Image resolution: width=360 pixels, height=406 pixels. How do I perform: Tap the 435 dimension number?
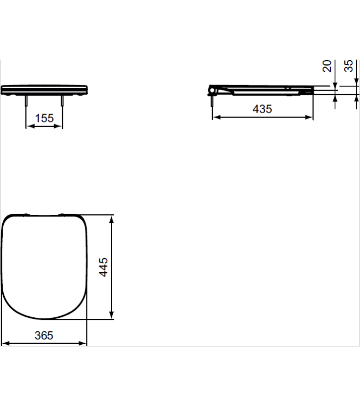coord(263,109)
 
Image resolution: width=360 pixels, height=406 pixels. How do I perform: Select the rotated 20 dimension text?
coord(327,66)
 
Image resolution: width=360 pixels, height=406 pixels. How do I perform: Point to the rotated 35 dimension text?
coord(349,66)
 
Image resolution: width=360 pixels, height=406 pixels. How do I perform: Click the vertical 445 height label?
coord(103,267)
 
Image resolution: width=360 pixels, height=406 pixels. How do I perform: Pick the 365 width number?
coord(44,336)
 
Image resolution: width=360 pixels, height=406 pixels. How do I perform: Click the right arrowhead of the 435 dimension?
coord(310,117)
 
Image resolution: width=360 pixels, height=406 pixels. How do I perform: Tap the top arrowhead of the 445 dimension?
coord(112,219)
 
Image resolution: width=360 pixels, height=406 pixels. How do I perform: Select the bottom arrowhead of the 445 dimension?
coord(112,316)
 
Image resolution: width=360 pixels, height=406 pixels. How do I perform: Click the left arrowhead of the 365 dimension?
coord(4,343)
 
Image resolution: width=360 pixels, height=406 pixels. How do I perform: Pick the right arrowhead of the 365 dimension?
coord(84,343)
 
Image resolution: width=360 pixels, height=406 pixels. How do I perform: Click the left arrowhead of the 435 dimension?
coord(215,117)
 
